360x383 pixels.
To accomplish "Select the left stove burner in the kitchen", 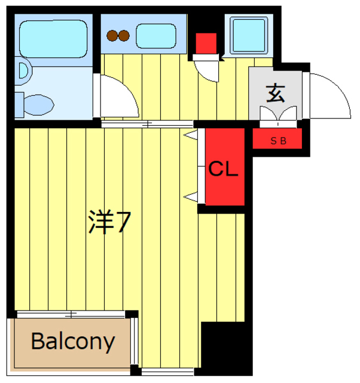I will coord(112,36).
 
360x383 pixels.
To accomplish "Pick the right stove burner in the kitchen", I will coord(124,36).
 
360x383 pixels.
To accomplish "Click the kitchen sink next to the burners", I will coord(155,36).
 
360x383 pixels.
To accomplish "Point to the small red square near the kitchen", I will coord(206,43).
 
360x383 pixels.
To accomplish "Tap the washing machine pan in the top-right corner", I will coord(248,35).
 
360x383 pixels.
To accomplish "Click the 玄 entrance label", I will coord(275,93).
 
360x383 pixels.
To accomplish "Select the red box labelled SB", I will coord(277,141).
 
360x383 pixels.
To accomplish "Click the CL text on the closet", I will coord(223,169).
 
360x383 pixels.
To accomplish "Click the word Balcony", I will coord(72,341).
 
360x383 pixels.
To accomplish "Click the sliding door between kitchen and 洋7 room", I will coord(147,124).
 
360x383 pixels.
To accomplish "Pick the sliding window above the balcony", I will coord(72,314).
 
